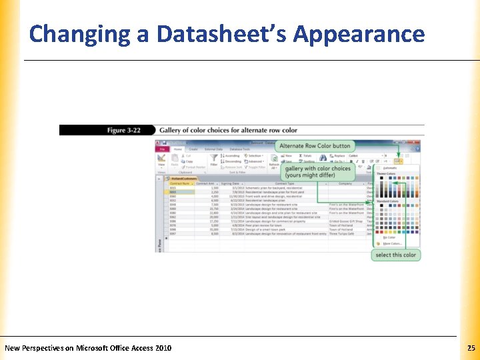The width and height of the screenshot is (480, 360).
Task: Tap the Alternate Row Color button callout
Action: coord(315,145)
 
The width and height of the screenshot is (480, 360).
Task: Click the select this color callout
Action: coord(395,255)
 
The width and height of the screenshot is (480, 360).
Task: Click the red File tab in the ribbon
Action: coord(161,149)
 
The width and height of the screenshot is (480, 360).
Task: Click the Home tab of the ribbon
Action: coord(178,149)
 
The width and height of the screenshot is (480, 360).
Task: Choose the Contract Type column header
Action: coord(285,183)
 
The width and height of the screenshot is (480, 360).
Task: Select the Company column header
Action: coord(345,183)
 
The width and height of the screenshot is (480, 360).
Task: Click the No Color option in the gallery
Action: coord(389,237)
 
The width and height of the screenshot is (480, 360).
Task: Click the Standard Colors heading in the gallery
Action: coord(387,201)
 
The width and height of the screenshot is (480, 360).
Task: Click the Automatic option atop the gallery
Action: coord(391,168)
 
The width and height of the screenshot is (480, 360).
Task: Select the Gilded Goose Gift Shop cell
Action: coord(345,221)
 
